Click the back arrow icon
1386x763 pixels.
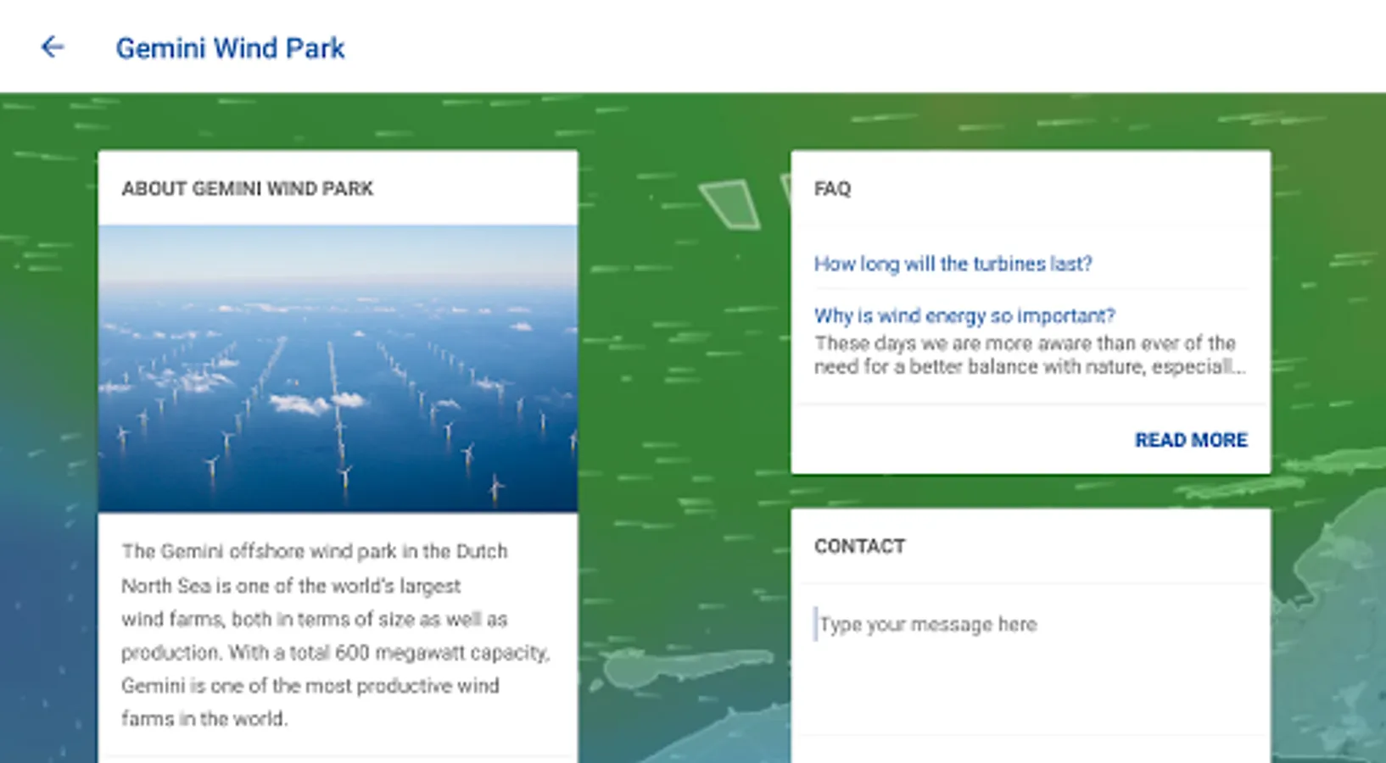coord(53,47)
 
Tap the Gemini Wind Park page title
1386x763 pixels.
coord(230,48)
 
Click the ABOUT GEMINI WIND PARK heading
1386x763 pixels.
coord(248,188)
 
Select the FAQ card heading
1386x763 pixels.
coord(832,188)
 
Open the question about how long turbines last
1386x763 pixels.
coord(953,264)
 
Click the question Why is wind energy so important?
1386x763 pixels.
coord(964,316)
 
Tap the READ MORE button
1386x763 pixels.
coord(1191,440)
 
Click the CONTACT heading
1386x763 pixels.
coord(859,547)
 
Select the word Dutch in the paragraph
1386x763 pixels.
coord(482,551)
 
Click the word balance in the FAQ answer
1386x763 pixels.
coord(1003,366)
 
